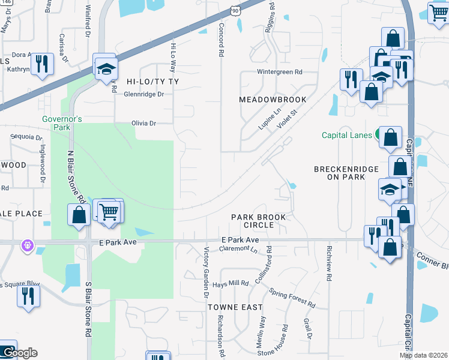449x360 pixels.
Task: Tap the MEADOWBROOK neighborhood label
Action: coord(273,100)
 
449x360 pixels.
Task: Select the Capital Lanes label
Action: coord(347,135)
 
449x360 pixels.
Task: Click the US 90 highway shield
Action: coord(235,10)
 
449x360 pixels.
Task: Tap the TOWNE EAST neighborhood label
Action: coord(235,307)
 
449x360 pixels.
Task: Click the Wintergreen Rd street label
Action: coord(280,72)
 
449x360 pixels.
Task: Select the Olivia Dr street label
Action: coord(143,123)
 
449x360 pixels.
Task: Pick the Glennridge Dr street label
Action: coord(143,94)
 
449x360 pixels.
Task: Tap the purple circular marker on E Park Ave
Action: coord(26,244)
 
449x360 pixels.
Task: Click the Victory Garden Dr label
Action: coord(205,273)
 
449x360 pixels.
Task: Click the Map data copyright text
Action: coord(424,355)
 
